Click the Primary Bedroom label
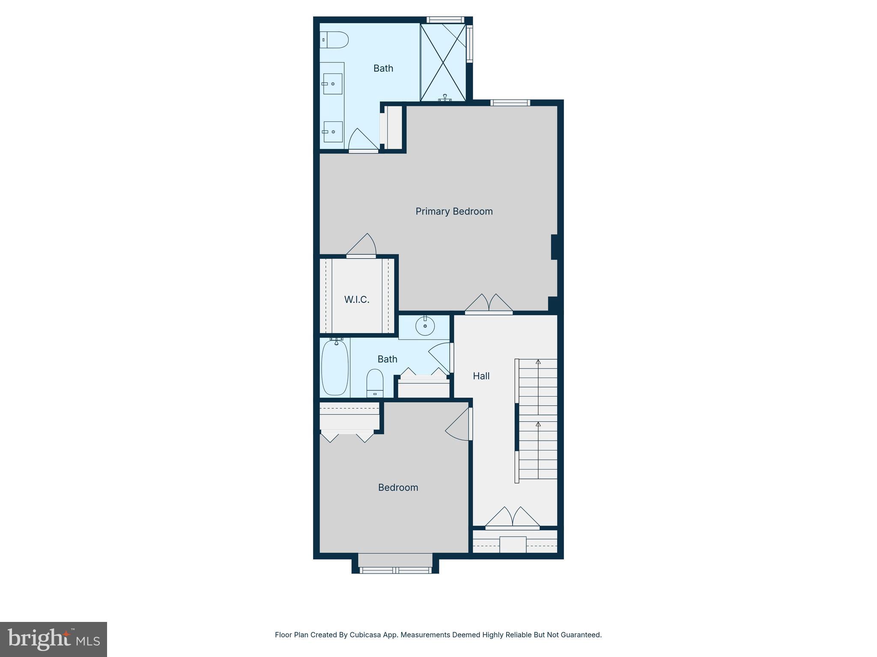point(454,211)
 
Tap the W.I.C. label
point(357,299)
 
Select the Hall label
point(481,376)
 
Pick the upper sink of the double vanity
point(333,84)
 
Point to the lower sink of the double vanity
point(333,132)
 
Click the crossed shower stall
point(443,62)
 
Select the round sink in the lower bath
point(425,327)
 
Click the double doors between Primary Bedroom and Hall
point(489,303)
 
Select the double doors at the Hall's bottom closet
point(512,518)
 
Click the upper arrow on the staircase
point(538,362)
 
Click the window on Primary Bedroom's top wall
point(510,103)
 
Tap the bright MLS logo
point(54,639)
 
